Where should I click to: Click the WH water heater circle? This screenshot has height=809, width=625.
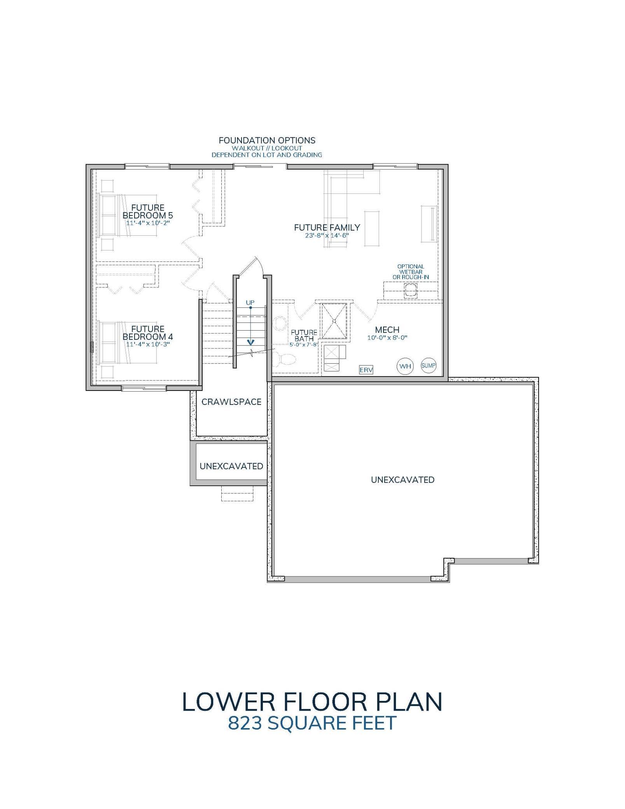click(405, 366)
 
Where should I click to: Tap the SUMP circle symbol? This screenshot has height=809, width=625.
click(429, 366)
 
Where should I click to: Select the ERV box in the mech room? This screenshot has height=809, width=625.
click(366, 370)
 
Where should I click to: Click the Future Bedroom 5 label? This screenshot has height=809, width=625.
click(148, 212)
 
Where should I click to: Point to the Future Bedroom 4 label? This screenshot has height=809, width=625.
click(148, 333)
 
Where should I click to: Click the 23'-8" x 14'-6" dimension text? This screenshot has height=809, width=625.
click(327, 235)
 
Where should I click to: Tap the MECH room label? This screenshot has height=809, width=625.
click(387, 330)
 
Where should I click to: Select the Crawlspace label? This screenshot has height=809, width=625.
click(231, 402)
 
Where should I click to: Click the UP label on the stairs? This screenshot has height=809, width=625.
click(250, 302)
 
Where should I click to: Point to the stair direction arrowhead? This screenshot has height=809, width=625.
click(251, 342)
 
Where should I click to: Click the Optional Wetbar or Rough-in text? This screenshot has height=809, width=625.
click(411, 272)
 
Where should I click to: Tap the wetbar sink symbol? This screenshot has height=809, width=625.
click(411, 290)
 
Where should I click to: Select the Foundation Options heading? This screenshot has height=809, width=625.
click(267, 140)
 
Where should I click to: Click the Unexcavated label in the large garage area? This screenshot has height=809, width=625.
click(403, 480)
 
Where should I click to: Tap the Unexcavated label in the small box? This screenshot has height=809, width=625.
click(231, 466)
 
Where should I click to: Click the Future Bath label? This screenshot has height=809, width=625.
click(304, 336)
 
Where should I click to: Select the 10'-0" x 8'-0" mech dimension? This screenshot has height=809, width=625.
click(387, 338)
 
